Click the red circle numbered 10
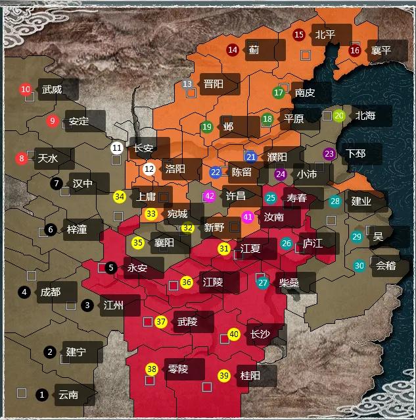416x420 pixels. (26, 90)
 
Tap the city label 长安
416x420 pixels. (142, 148)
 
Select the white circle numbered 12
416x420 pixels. (149, 169)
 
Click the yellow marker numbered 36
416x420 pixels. (186, 282)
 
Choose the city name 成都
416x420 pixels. (50, 292)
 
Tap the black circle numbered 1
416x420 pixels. (42, 395)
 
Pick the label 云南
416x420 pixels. (68, 395)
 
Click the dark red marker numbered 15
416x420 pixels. (299, 35)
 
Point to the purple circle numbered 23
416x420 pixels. (329, 154)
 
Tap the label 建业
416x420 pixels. (361, 201)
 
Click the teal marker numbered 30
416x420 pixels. (359, 266)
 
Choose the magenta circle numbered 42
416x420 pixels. (210, 196)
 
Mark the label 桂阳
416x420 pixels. (250, 376)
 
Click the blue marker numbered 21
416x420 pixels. (250, 157)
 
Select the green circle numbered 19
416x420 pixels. (207, 127)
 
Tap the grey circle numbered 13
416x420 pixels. (187, 84)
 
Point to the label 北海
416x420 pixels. (365, 116)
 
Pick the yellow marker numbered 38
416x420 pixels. (152, 369)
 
